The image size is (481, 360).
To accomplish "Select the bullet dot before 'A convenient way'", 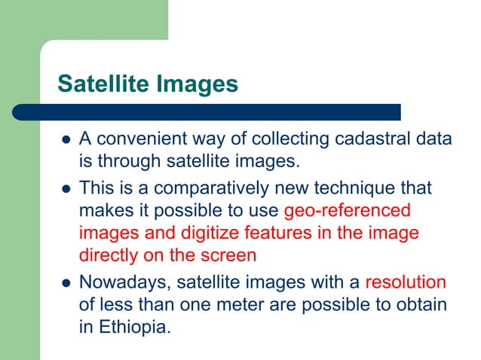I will pos(65,141).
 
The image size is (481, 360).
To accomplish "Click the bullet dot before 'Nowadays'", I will pos(65,284).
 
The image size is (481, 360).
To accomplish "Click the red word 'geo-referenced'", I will pos(348,210).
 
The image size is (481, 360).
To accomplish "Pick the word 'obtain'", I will pos(417,306).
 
